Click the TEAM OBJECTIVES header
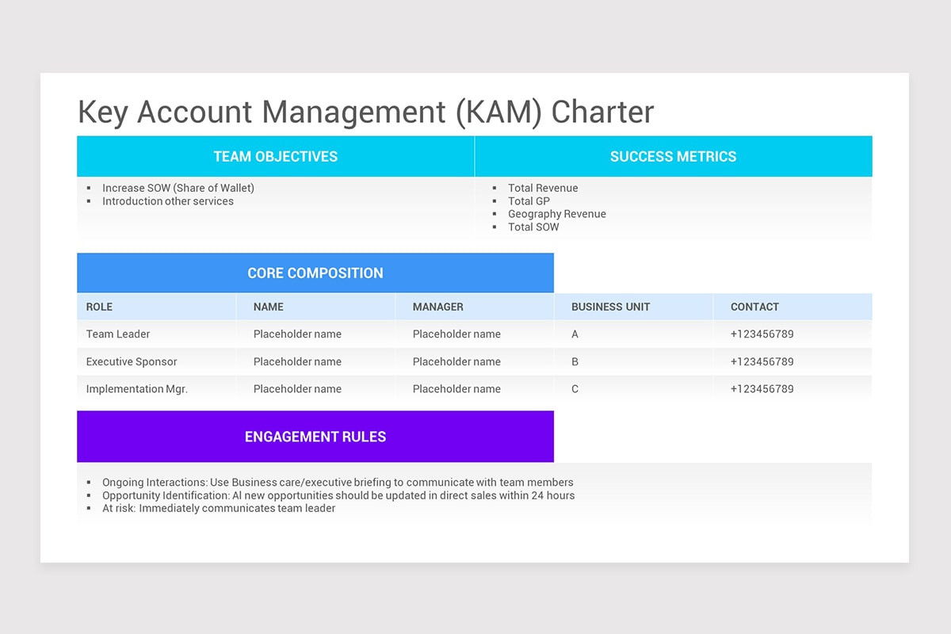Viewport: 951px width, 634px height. click(x=275, y=157)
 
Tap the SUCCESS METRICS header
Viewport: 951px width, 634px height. click(x=673, y=157)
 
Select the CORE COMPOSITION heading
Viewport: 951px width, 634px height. click(x=315, y=273)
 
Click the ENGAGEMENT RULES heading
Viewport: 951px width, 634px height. click(x=315, y=437)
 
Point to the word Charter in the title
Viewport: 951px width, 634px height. click(x=602, y=112)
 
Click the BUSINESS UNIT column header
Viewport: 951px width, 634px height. click(x=610, y=307)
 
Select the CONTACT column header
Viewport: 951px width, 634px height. click(x=754, y=307)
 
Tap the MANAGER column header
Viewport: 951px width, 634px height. click(x=437, y=307)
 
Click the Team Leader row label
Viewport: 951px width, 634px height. click(x=118, y=334)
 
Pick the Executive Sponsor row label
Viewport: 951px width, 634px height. click(x=132, y=362)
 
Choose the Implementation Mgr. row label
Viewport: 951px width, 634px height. click(x=136, y=389)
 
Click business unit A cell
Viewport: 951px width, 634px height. click(x=575, y=334)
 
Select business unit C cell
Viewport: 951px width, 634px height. click(x=575, y=389)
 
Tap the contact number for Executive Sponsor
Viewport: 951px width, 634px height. click(x=762, y=362)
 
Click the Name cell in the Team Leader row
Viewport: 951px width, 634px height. click(x=297, y=334)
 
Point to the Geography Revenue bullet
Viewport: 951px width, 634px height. click(x=556, y=214)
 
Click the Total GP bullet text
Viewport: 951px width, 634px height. click(x=529, y=201)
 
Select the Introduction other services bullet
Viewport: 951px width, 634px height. click(x=168, y=201)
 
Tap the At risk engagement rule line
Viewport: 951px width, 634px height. click(x=219, y=509)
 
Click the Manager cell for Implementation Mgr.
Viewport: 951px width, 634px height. click(x=456, y=389)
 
